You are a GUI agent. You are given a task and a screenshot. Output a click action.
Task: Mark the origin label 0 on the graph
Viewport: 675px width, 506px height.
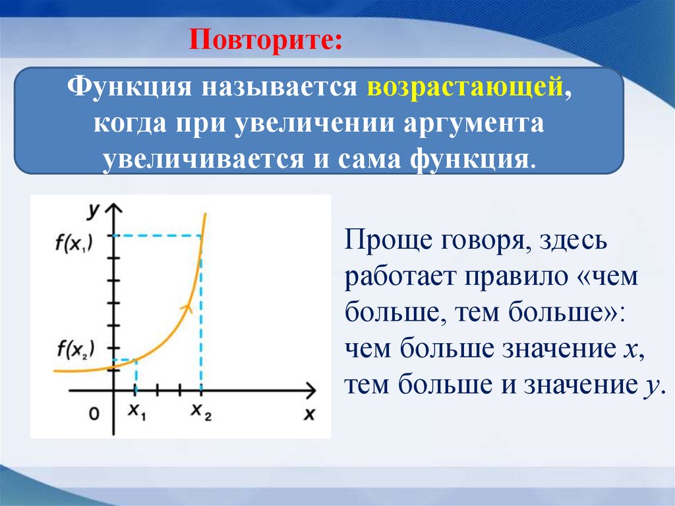pyautogui.click(x=94, y=414)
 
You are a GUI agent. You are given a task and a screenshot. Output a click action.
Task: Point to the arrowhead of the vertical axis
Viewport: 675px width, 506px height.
pyautogui.click(x=115, y=210)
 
